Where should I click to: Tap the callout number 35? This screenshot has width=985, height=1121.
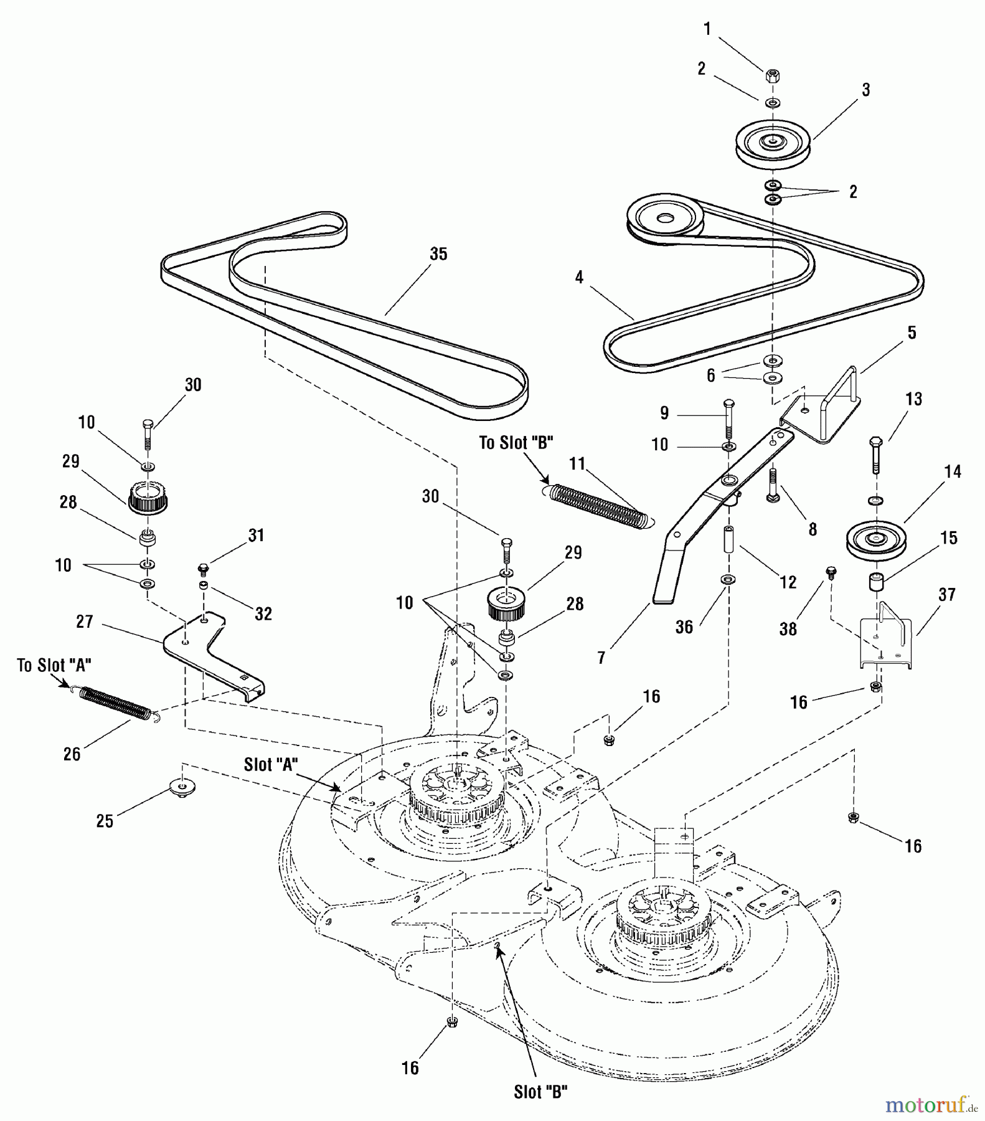click(x=438, y=254)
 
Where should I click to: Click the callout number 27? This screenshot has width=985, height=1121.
click(x=85, y=622)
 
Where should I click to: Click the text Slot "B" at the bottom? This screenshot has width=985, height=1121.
click(x=540, y=1092)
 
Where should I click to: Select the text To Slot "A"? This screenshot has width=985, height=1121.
click(x=54, y=665)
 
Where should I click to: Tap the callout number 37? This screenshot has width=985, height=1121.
click(x=946, y=595)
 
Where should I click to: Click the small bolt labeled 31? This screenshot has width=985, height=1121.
click(x=202, y=569)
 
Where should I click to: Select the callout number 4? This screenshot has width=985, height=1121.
click(x=579, y=277)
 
